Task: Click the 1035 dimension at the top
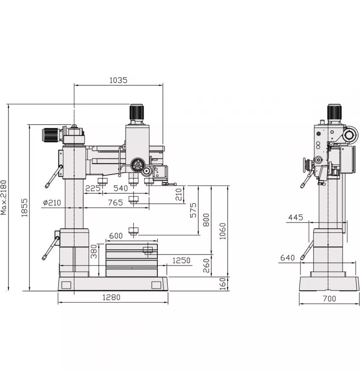point(118,80)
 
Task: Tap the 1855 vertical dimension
point(24,208)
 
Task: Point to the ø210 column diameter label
point(52,203)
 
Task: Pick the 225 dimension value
point(93,188)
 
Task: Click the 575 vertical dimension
point(193,211)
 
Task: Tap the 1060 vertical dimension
point(222,231)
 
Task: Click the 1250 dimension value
point(181,260)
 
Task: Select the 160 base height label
point(222,284)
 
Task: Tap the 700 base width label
point(329,299)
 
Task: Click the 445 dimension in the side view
point(295,217)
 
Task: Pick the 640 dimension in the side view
point(288,257)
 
